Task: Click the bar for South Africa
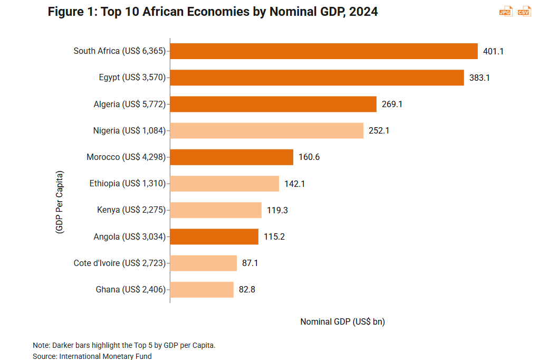click(x=324, y=51)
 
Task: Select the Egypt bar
click(x=317, y=78)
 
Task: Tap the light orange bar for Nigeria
click(x=267, y=130)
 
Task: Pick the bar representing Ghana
click(x=202, y=289)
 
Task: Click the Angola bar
click(x=214, y=236)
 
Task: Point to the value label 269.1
click(x=392, y=105)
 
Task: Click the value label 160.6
click(x=309, y=157)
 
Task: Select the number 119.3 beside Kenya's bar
click(x=277, y=210)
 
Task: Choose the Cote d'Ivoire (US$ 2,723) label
click(x=119, y=263)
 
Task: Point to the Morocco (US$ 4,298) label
click(x=126, y=157)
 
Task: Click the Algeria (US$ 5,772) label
click(x=129, y=105)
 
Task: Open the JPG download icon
click(x=505, y=12)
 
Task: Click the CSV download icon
click(x=524, y=12)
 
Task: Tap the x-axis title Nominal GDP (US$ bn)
click(x=342, y=321)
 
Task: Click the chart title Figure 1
click(x=213, y=12)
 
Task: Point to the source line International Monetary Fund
click(x=92, y=356)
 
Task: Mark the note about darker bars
click(x=124, y=345)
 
